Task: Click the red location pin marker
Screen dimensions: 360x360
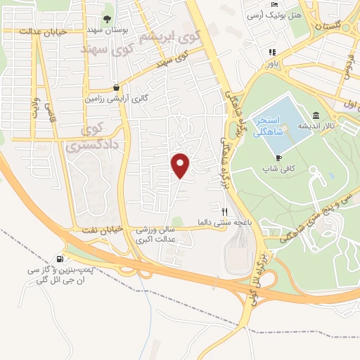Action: click(181, 165)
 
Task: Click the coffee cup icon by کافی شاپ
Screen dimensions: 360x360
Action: click(279, 157)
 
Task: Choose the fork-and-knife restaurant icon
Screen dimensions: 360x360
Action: click(225, 210)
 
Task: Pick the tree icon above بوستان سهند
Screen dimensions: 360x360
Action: click(107, 20)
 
